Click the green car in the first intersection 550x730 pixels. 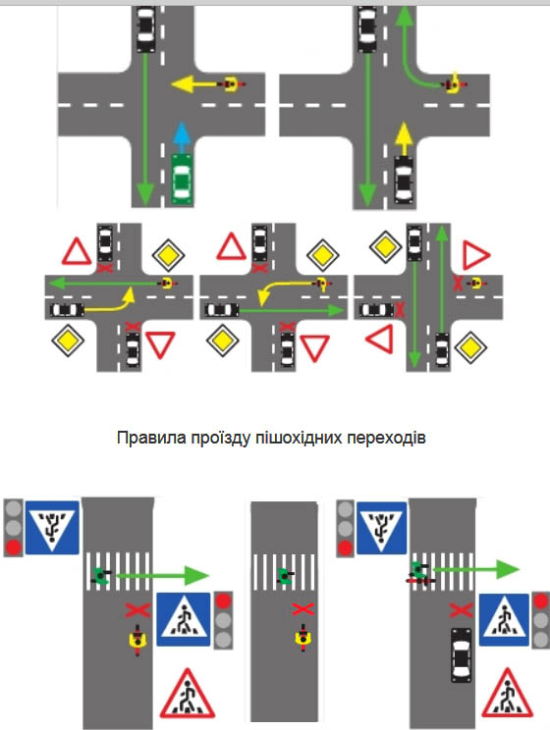pos(183,179)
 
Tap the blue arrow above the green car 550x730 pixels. pos(183,137)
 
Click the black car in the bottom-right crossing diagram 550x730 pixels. pos(461,654)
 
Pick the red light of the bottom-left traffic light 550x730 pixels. pos(13,547)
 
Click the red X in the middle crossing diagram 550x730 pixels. pos(302,609)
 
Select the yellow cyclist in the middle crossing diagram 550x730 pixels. pos(302,638)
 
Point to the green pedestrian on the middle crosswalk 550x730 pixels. pos(284,575)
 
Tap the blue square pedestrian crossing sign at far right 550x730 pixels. pos(504,619)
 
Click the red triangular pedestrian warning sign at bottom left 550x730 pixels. pos(188,694)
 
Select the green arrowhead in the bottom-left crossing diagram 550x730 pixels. pos(196,575)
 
